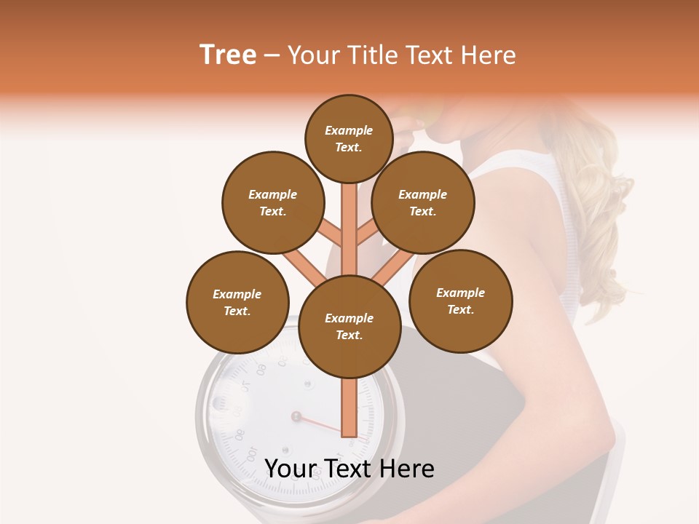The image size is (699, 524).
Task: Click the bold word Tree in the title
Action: click(228, 55)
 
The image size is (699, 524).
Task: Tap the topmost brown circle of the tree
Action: click(349, 138)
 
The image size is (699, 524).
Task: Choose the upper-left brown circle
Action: click(273, 202)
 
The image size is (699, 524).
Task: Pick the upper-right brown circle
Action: click(423, 202)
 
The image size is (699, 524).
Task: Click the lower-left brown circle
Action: click(237, 302)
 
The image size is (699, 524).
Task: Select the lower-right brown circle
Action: click(461, 301)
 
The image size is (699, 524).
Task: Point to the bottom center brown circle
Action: click(349, 326)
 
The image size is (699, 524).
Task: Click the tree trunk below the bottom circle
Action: click(349, 408)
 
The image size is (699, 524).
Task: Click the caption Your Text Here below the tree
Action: click(349, 469)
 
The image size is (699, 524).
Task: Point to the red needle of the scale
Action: click(320, 423)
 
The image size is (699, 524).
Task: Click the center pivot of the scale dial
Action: click(296, 416)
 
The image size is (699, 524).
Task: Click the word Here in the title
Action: click(489, 55)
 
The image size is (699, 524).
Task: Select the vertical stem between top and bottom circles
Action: click(349, 226)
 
